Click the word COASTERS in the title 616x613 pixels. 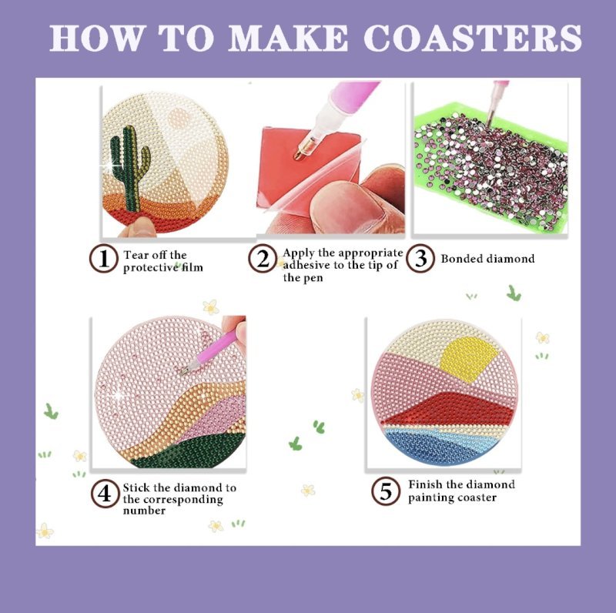(472, 38)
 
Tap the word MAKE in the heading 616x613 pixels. (288, 38)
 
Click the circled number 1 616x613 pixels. (104, 259)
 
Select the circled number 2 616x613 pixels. (263, 259)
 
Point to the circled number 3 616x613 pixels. (420, 258)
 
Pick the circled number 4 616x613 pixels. (105, 494)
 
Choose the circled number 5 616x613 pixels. (386, 491)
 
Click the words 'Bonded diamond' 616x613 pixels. (487, 259)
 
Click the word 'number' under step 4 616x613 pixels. (144, 511)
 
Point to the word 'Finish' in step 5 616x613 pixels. (424, 484)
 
